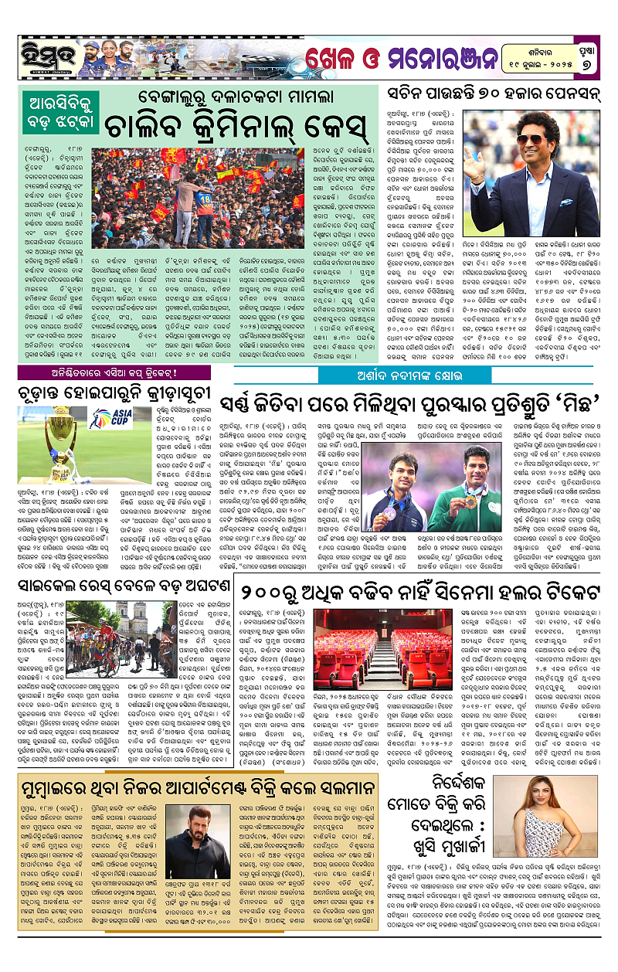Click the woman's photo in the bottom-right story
(535, 818)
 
